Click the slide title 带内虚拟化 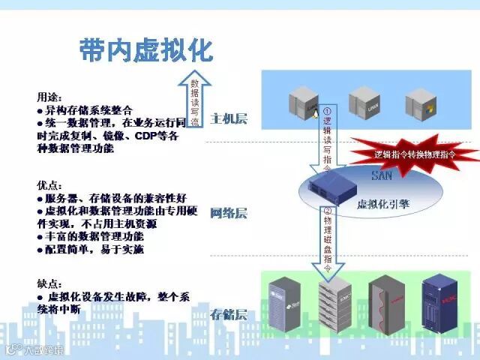point(146,49)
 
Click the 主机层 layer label point(229,118)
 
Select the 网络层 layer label point(228,213)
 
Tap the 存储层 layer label point(228,313)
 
